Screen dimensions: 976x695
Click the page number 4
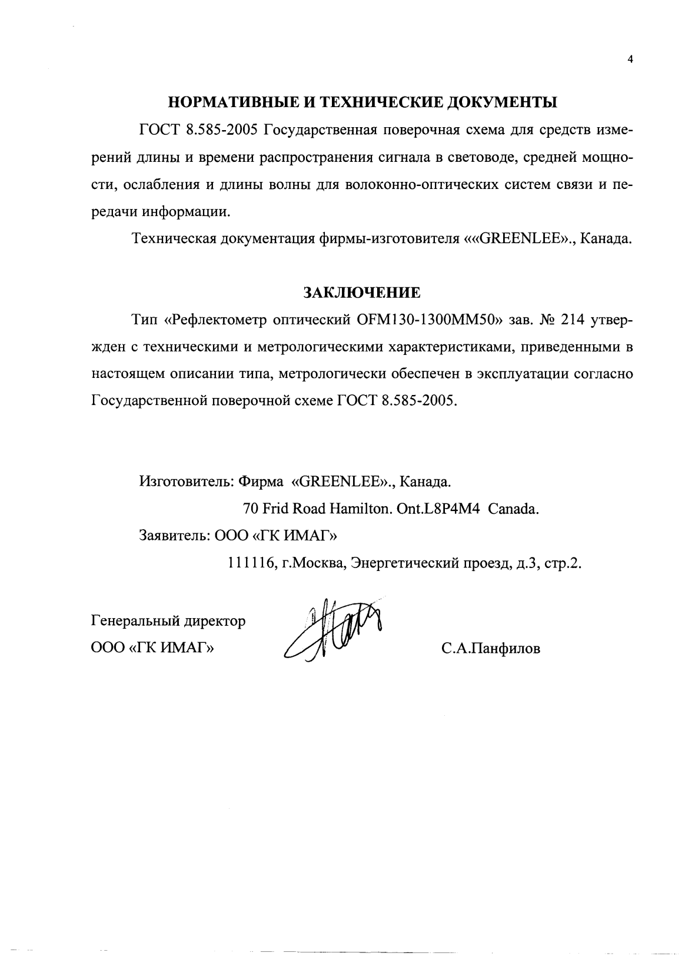click(630, 59)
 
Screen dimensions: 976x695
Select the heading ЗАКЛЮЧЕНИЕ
click(361, 293)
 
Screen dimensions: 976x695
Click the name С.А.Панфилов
click(491, 649)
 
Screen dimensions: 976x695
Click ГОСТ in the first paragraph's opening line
click(158, 130)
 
